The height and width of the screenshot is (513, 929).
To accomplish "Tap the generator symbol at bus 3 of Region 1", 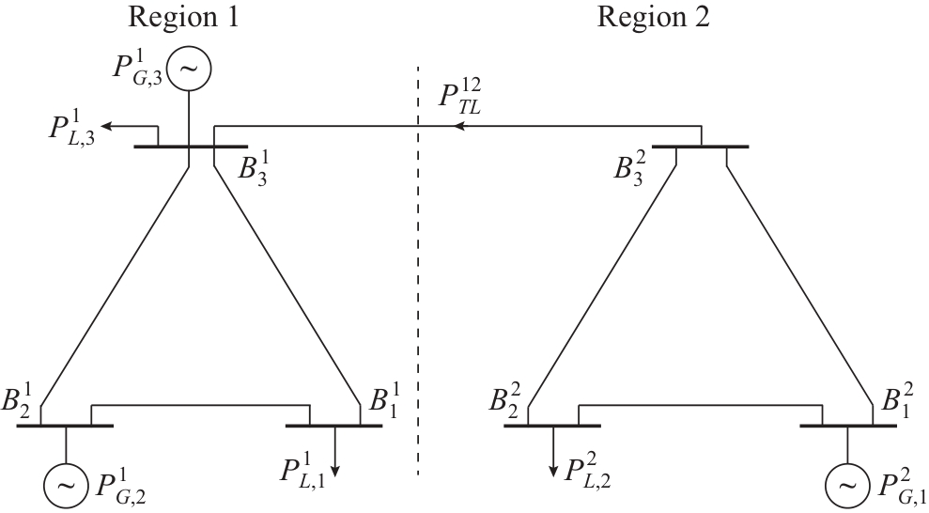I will point(190,68).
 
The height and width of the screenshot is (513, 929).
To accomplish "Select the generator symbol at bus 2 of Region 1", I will point(65,485).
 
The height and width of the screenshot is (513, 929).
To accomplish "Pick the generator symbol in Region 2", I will point(847,485).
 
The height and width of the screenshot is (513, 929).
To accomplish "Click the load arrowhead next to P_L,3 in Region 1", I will point(108,125).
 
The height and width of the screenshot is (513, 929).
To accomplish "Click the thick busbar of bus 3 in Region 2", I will point(701,148).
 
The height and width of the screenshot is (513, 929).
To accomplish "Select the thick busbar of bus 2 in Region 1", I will point(65,426).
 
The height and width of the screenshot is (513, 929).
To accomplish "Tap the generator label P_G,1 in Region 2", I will point(898,486).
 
